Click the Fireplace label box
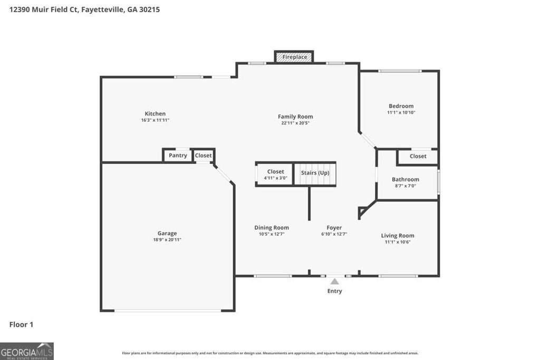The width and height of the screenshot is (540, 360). click(x=294, y=57)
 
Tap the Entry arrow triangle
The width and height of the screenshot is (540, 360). click(x=334, y=281)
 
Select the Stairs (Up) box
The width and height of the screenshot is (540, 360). click(x=315, y=173)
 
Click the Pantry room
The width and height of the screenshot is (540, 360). click(x=178, y=155)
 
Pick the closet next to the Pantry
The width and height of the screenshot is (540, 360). click(x=204, y=155)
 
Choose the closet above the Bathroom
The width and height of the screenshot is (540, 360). click(x=418, y=157)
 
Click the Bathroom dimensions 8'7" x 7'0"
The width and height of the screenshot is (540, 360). click(x=405, y=186)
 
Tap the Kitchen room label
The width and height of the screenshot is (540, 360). click(x=155, y=114)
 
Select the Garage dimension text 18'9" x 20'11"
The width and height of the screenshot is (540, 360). click(x=167, y=240)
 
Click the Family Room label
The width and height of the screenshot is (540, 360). click(x=295, y=117)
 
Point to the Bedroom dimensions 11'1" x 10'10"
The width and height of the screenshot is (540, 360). click(x=401, y=113)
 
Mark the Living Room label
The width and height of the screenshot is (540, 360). click(x=398, y=236)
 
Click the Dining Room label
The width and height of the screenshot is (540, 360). click(x=272, y=228)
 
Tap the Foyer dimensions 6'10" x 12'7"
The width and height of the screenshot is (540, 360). click(x=334, y=234)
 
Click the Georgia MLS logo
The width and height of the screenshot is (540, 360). click(x=27, y=351)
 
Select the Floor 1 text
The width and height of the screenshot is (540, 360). click(x=21, y=325)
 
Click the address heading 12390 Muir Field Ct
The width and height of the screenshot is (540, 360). click(x=84, y=9)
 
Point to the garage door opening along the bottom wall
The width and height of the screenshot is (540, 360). click(x=167, y=310)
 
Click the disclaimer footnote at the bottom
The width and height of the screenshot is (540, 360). click(x=270, y=353)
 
